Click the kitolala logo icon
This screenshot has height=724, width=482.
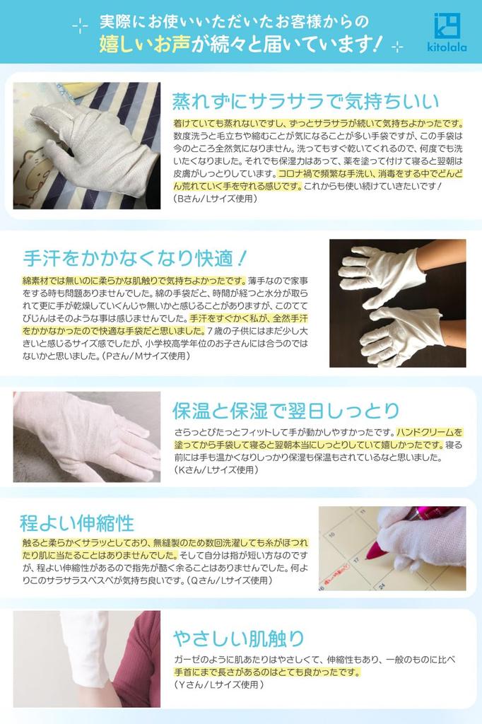(x=447, y=25)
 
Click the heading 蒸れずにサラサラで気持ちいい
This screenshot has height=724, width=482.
(x=306, y=101)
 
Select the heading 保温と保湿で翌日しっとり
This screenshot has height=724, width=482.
(x=286, y=410)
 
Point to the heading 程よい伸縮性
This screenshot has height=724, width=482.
(x=76, y=523)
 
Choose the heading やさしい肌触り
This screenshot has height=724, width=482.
(x=239, y=638)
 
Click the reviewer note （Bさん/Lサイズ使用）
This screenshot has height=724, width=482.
(x=215, y=199)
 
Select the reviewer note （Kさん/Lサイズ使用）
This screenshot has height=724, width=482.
(x=216, y=469)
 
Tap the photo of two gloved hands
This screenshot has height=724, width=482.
(x=397, y=303)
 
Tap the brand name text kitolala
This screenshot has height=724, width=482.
(x=447, y=47)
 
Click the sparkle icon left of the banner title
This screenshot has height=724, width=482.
(x=81, y=25)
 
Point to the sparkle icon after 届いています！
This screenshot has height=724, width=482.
(x=397, y=47)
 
